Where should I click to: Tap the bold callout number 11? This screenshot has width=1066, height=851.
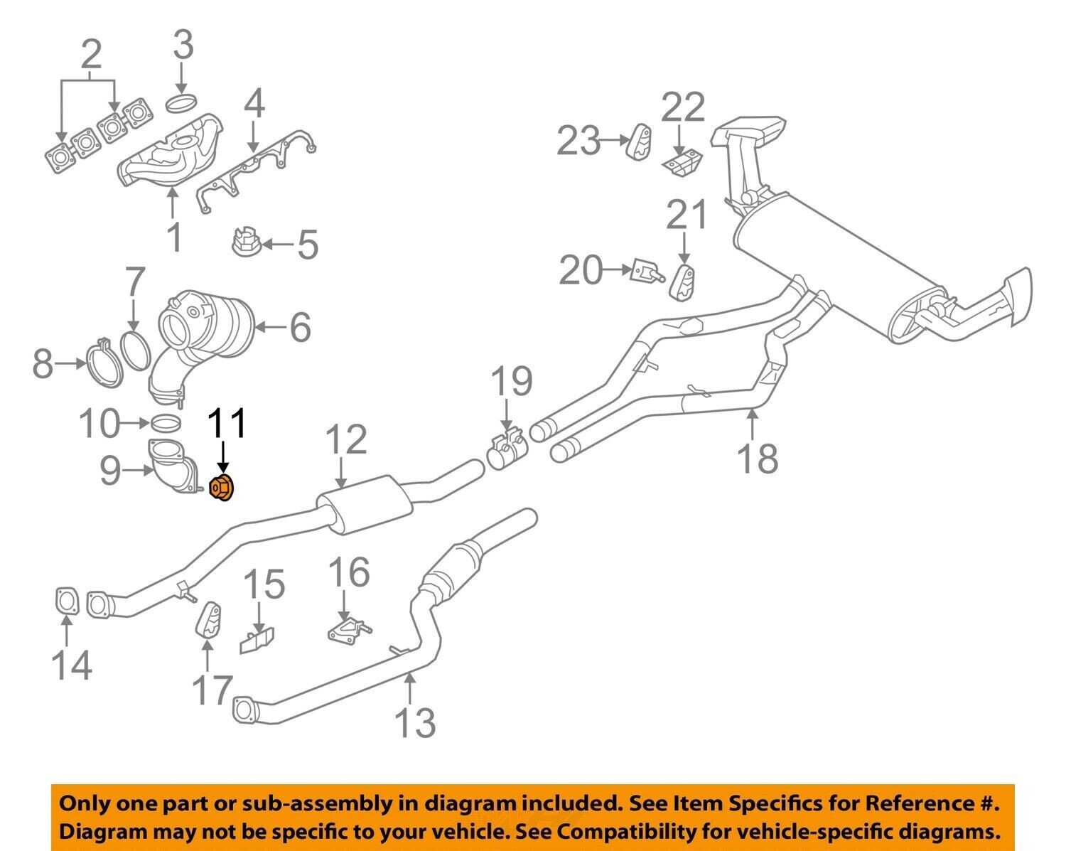pyautogui.click(x=227, y=424)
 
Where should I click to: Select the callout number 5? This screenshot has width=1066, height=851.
pyautogui.click(x=307, y=246)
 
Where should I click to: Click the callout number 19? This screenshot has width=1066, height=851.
pyautogui.click(x=512, y=382)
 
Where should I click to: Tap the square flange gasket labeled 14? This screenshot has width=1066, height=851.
pyautogui.click(x=66, y=599)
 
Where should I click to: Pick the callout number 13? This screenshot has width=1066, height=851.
pyautogui.click(x=415, y=722)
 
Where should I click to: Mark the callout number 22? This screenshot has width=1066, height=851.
pyautogui.click(x=683, y=107)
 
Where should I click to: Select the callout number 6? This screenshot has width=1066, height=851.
pyautogui.click(x=300, y=328)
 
